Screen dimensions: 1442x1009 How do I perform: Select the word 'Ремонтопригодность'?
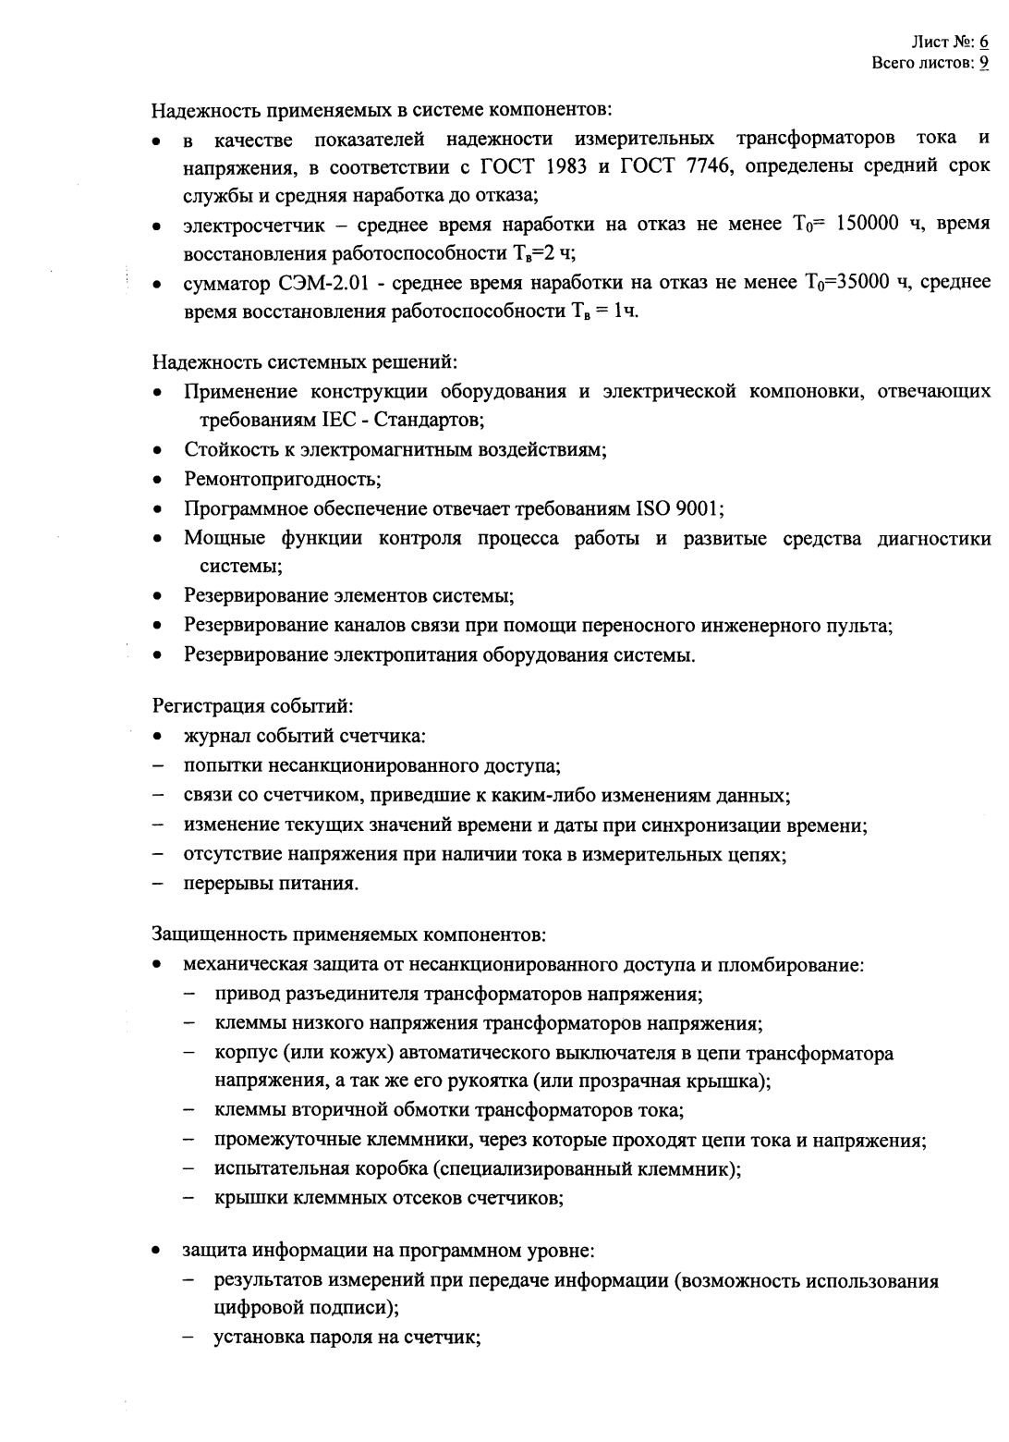pos(282,480)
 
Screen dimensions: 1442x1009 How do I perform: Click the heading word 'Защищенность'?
pos(212,935)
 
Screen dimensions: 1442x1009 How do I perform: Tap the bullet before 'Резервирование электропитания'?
pos(159,656)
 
